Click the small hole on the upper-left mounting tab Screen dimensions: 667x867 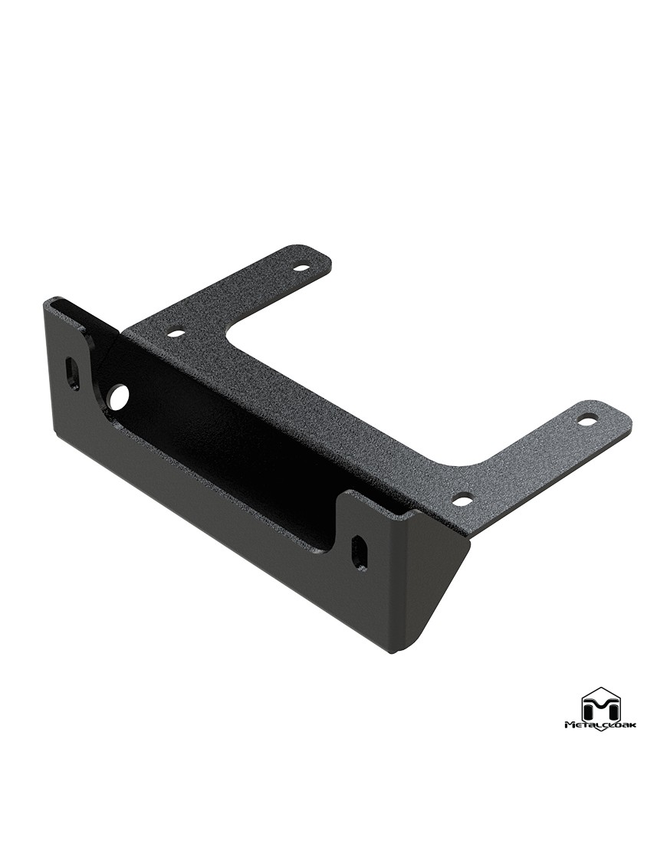[x=301, y=268]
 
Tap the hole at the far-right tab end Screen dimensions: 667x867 [x=585, y=421]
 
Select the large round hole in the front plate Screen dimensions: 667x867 [x=119, y=396]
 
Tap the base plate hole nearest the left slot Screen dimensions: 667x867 [x=178, y=334]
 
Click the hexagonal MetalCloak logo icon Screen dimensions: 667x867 [x=602, y=704]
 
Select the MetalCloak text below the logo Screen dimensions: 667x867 [x=601, y=725]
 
